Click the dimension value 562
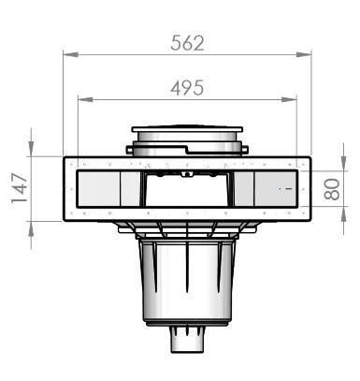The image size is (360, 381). [187, 43]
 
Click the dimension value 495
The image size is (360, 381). [187, 88]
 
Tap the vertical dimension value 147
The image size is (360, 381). [20, 188]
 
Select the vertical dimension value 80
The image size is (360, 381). [331, 189]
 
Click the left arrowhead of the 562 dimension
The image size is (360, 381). [70, 54]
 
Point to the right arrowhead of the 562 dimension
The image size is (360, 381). [304, 54]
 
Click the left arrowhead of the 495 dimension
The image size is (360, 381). [85, 99]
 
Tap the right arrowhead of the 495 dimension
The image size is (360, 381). [289, 99]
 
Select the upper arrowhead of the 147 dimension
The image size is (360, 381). [31, 149]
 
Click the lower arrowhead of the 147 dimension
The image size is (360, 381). [31, 228]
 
